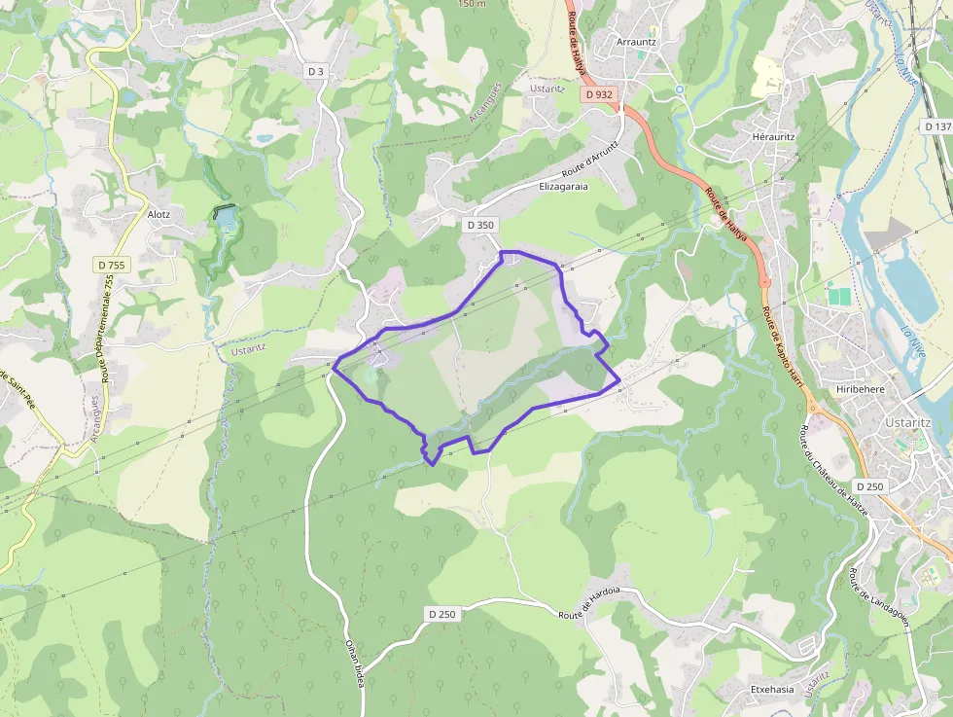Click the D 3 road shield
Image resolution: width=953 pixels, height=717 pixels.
315,71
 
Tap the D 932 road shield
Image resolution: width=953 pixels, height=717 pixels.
600,94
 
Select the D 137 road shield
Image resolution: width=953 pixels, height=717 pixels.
936,126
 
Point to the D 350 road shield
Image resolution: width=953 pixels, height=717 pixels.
480,225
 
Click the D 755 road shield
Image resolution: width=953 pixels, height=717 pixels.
112,265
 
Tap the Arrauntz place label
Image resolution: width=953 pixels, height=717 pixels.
637,43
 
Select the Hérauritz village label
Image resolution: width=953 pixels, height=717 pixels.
774,137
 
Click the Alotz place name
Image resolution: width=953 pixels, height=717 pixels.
159,214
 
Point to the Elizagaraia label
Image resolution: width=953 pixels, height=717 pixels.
564,185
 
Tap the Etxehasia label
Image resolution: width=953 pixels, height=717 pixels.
772,689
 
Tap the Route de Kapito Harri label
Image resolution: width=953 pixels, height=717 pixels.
783,346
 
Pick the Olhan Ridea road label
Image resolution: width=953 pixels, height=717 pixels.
355,663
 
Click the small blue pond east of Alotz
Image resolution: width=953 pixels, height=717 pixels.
226,219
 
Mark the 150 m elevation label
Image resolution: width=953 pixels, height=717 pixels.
472,4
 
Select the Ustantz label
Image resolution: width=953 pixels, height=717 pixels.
248,347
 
